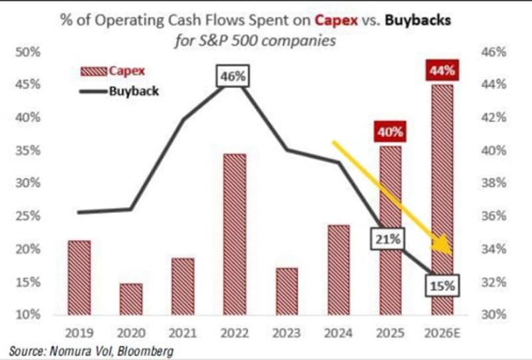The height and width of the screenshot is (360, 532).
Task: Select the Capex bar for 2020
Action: tap(131, 299)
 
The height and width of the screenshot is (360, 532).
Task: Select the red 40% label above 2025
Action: tap(390, 132)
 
